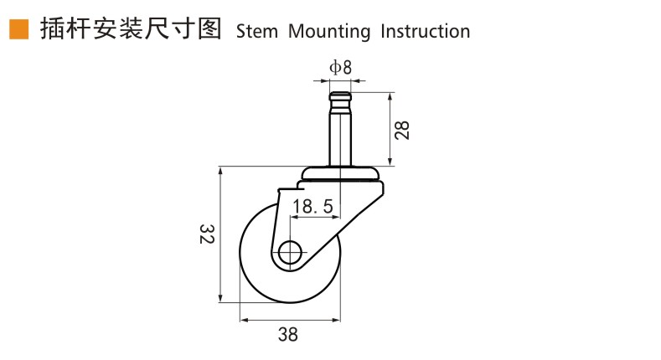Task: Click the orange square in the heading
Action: (x=19, y=29)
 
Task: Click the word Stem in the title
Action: (x=256, y=32)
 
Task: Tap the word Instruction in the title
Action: (x=425, y=32)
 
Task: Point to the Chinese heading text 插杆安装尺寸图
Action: (x=131, y=29)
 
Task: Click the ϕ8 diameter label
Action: (x=340, y=67)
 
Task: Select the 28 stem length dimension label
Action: (x=402, y=130)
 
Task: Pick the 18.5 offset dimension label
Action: (x=312, y=206)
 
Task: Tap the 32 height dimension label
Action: (x=207, y=234)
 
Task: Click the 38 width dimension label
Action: (x=288, y=334)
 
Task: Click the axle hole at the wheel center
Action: (x=290, y=253)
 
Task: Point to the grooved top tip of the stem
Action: (x=340, y=96)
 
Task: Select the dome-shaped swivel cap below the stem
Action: (x=342, y=173)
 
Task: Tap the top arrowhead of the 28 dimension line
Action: (x=390, y=97)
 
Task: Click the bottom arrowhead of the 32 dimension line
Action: (x=220, y=298)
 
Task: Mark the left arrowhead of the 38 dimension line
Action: (x=244, y=321)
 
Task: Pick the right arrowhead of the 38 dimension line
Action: (x=336, y=321)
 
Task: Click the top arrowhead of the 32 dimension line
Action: (x=220, y=172)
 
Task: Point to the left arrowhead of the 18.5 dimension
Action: (x=295, y=218)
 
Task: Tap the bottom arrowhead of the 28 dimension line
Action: (x=390, y=162)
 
